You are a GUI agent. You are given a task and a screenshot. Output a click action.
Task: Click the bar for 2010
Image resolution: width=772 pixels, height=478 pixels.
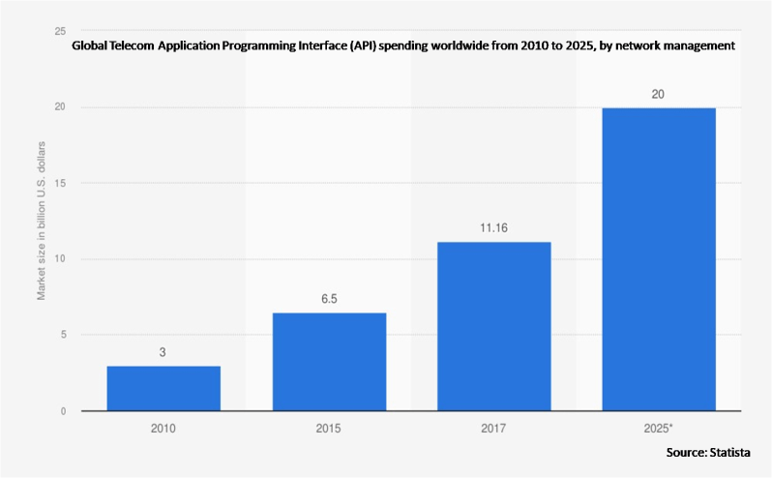coord(163,388)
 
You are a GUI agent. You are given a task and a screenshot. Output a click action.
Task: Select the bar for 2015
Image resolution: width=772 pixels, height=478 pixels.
coord(329,362)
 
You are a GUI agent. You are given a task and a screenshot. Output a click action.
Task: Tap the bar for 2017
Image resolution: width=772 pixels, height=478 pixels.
coord(493,326)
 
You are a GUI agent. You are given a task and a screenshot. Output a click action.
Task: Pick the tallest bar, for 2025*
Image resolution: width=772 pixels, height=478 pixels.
coord(659,259)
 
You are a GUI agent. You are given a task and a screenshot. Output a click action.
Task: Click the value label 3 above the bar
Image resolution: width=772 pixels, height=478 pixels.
coord(163,353)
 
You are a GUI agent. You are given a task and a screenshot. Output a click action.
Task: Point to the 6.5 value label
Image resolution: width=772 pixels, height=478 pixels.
coord(329,300)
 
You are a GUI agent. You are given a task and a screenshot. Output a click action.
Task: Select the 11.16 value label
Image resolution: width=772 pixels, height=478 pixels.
coord(493,229)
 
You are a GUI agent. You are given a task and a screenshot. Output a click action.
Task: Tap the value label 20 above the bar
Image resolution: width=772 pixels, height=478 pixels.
coord(659,95)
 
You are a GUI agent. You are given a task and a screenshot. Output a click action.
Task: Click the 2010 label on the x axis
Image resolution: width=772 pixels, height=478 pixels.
coord(163,427)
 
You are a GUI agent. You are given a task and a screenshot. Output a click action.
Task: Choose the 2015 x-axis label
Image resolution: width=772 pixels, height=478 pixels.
coord(329,427)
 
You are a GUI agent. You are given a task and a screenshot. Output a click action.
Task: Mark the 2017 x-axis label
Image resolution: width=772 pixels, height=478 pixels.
coord(493,427)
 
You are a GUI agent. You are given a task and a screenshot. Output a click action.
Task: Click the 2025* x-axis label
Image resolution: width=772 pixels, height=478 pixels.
coord(659,427)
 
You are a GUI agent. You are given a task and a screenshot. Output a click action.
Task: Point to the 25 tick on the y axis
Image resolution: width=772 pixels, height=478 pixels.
coord(61,31)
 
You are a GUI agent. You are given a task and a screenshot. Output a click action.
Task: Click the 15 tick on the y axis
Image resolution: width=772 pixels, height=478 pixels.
coord(61,183)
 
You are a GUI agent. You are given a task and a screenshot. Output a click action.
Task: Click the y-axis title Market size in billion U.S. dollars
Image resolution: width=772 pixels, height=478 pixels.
coord(42,221)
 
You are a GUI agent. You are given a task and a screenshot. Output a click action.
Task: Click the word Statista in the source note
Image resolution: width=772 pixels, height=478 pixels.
coord(727,453)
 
